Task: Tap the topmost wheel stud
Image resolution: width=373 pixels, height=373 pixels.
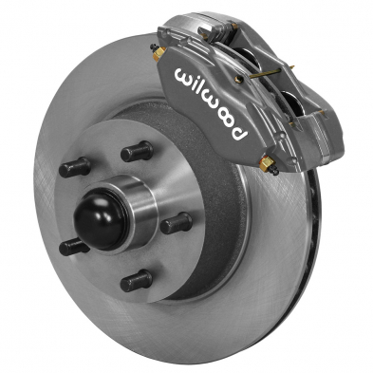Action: coord(137,151)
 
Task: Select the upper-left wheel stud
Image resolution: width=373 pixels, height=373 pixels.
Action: coord(75,168)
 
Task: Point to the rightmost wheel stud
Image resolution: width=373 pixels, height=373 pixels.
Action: coord(177,223)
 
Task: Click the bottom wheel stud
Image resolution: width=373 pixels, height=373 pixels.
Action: coord(137,281)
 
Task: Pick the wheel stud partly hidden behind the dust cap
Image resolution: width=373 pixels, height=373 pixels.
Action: coord(73,247)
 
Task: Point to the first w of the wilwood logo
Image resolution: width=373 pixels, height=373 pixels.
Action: coord(182,74)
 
